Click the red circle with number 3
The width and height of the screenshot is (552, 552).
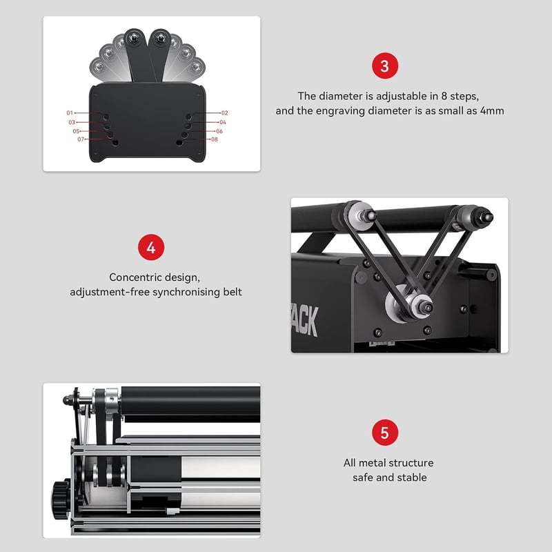[x=385, y=66]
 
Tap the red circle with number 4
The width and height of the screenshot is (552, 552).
[x=151, y=247]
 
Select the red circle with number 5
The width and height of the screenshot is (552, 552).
[x=385, y=433]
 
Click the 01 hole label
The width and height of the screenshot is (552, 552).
[x=70, y=113]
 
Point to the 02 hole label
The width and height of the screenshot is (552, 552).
[x=225, y=113]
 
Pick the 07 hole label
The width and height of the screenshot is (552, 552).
[x=81, y=139]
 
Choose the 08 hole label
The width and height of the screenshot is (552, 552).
[x=215, y=139]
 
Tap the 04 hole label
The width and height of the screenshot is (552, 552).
[x=222, y=123]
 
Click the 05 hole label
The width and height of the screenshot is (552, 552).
[x=76, y=131]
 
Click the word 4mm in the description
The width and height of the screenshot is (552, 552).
[x=492, y=111]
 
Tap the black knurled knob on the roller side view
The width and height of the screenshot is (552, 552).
[x=61, y=499]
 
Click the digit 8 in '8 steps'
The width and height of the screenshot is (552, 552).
[x=444, y=96]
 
